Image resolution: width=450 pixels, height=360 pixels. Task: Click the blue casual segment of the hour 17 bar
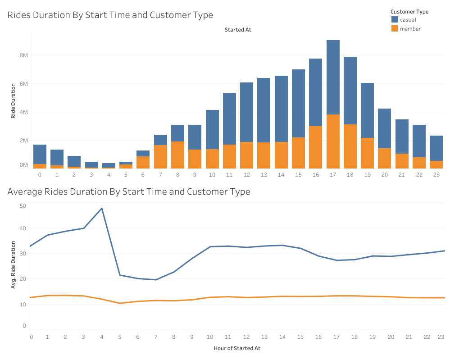point(333,77)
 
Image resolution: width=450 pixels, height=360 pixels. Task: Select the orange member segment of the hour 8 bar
point(177,155)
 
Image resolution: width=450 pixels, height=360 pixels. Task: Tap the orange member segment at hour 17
point(333,141)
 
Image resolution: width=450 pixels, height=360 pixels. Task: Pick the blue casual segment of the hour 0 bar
point(40,154)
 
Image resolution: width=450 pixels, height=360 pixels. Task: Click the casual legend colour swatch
point(395,20)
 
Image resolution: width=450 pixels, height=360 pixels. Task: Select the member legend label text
point(410,29)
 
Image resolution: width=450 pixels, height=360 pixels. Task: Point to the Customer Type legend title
point(409,11)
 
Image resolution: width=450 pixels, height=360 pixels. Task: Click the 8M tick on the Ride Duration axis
point(23,55)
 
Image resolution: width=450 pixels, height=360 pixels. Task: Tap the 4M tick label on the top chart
point(23,112)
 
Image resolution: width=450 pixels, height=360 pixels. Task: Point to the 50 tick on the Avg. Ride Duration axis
point(23,205)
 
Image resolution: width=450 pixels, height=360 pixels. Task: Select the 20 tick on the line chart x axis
point(391,337)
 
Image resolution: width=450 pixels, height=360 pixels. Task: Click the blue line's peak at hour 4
point(102,208)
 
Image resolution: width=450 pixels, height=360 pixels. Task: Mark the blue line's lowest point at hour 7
point(156,280)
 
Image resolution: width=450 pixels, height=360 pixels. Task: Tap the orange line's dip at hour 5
point(119,303)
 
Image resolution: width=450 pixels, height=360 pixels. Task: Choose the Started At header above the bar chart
point(238,30)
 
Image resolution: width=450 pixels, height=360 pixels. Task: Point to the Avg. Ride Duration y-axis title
point(13,265)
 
